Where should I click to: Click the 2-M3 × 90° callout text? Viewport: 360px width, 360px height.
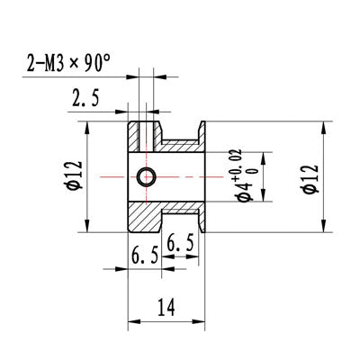coord(68,63)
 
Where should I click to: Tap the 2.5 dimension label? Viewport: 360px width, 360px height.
coord(85,98)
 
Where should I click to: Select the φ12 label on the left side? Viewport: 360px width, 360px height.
coord(75,175)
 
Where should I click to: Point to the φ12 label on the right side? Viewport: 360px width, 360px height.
coord(310,179)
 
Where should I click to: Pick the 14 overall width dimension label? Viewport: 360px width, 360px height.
coord(166,307)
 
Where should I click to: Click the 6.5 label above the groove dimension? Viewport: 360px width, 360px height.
coord(180,243)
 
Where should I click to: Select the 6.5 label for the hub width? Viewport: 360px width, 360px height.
coord(145,256)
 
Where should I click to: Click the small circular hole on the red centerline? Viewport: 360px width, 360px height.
coord(147,177)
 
